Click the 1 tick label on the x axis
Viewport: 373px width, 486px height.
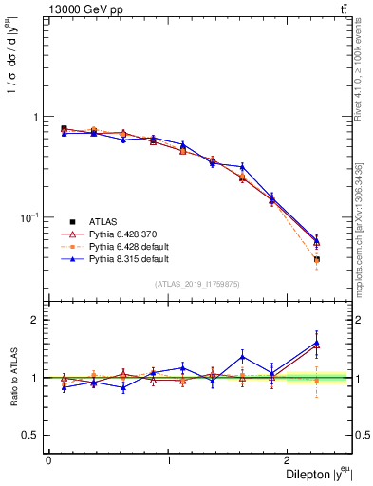tap(169, 460)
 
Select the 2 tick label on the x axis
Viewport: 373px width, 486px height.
tap(290, 460)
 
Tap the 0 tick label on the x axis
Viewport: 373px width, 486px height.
tap(48, 460)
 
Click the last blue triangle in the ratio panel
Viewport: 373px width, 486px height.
tap(316, 343)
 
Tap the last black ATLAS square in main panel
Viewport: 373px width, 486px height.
tap(316, 259)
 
